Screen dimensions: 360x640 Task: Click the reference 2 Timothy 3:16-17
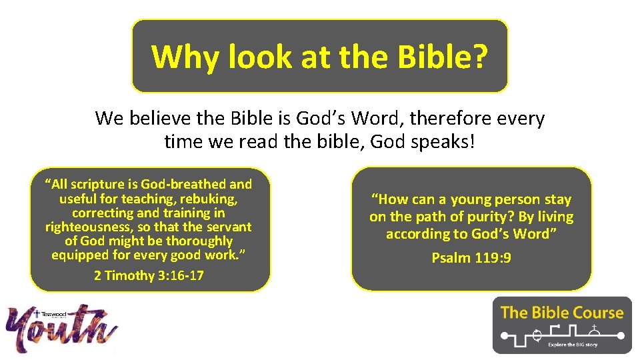149,275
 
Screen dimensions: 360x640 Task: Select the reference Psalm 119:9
471,257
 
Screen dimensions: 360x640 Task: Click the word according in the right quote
417,234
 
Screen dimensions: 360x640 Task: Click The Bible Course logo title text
562,313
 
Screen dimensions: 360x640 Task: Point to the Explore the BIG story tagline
573,345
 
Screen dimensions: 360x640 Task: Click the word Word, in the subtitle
376,119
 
